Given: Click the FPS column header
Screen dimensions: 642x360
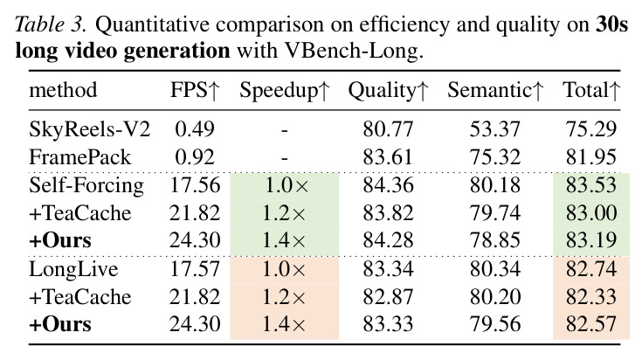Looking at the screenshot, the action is (x=196, y=90).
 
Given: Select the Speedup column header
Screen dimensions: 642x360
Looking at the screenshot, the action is (x=285, y=91).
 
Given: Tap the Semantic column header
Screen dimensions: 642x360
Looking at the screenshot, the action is (x=495, y=90).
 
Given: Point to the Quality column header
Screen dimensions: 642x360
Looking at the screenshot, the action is (x=388, y=91).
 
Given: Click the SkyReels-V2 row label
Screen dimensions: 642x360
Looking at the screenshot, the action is (x=90, y=129).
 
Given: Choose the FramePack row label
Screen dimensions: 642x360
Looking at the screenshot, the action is (x=80, y=157).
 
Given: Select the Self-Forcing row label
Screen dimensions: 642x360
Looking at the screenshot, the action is (x=86, y=185).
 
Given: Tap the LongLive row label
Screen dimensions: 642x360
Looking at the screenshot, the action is (x=73, y=269).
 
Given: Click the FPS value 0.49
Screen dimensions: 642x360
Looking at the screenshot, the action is (x=195, y=129).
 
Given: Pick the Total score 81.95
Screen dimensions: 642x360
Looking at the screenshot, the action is (x=591, y=157).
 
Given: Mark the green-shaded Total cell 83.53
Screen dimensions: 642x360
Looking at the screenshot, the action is (x=591, y=185).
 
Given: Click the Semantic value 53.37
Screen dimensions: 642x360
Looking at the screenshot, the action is (x=495, y=129).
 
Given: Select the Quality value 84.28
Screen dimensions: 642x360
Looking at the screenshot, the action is (x=388, y=240).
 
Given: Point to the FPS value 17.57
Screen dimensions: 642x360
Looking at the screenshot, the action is (x=195, y=269).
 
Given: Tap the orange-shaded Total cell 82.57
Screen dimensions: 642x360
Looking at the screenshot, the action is (x=591, y=324).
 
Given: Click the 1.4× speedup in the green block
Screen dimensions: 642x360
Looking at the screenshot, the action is (x=284, y=240).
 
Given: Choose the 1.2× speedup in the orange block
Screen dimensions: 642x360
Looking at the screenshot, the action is (x=284, y=297).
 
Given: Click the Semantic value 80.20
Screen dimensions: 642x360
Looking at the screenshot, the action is (x=495, y=297).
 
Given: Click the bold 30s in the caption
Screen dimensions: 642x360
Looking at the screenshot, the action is (x=611, y=24).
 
